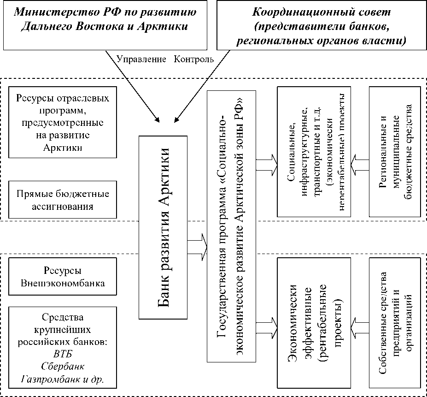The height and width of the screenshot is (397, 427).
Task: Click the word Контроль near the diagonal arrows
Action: [194, 59]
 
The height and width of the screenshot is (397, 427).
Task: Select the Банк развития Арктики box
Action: [164, 227]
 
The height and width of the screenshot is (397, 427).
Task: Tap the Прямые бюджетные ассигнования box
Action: [63, 199]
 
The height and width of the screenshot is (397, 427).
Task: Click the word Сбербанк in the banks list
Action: [63, 367]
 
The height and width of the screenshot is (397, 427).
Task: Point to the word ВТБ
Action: [63, 354]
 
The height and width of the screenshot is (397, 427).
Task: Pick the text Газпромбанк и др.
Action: [63, 379]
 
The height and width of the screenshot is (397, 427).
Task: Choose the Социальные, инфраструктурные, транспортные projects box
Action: [314, 152]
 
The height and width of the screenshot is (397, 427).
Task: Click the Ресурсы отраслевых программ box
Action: [63, 123]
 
